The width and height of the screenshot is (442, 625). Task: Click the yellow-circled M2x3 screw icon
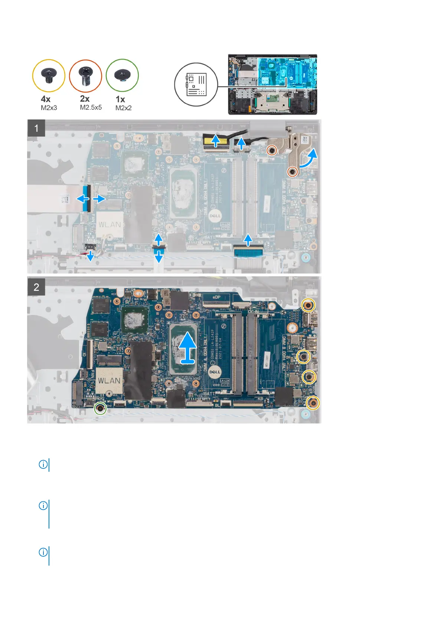49,75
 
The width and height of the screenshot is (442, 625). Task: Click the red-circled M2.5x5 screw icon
85,76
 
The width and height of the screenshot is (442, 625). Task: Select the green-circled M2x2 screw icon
122,75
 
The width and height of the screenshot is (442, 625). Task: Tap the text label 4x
46,99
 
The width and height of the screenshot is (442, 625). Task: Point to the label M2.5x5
91,108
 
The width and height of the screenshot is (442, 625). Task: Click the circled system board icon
196,85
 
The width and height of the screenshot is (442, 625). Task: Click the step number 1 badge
36,128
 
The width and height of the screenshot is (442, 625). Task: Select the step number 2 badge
36,287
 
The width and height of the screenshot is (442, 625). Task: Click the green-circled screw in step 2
100,409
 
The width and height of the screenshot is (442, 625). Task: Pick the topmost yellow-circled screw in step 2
308,305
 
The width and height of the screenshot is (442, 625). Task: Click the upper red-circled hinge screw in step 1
272,150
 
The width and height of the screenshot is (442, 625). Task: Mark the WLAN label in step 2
109,381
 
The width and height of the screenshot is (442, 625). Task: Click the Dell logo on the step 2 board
215,372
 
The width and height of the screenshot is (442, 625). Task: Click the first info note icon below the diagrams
43,464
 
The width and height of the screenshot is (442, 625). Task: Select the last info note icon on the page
43,552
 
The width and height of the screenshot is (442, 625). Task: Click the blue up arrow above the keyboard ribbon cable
248,239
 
